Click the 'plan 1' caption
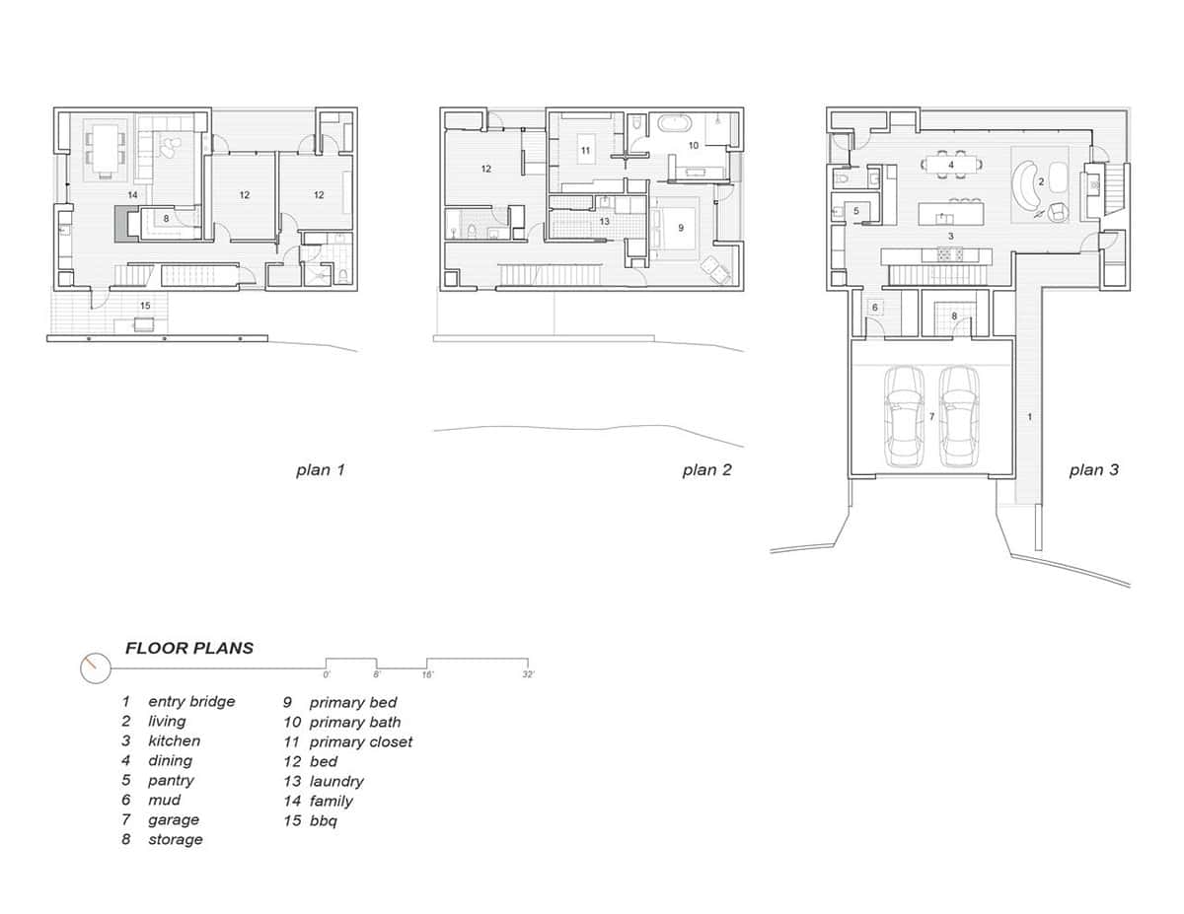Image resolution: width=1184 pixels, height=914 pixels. coord(320,470)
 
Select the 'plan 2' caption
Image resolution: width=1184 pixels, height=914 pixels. coord(706,470)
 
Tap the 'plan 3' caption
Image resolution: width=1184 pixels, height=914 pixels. coord(1093,470)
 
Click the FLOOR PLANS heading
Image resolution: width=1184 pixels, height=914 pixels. coord(188,648)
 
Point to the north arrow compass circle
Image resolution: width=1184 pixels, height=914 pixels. coord(94,668)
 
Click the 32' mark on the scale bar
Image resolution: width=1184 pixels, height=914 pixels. coord(528,675)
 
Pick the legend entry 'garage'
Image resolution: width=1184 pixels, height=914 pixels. coord(173,819)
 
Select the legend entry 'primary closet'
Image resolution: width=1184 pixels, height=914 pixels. coord(360,741)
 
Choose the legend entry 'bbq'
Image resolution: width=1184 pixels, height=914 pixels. coord(323,820)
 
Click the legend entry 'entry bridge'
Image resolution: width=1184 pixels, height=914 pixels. coord(190,701)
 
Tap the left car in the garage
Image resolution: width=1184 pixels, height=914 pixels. coord(903,416)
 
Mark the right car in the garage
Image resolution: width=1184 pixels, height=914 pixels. coord(957,416)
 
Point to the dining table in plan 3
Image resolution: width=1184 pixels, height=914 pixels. coord(951,165)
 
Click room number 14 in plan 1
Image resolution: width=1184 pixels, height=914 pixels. coord(131,195)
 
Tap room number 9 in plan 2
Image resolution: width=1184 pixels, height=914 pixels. coord(680,227)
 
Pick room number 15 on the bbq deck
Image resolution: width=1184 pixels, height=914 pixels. coord(144,307)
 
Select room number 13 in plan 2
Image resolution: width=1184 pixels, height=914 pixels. coord(605,222)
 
